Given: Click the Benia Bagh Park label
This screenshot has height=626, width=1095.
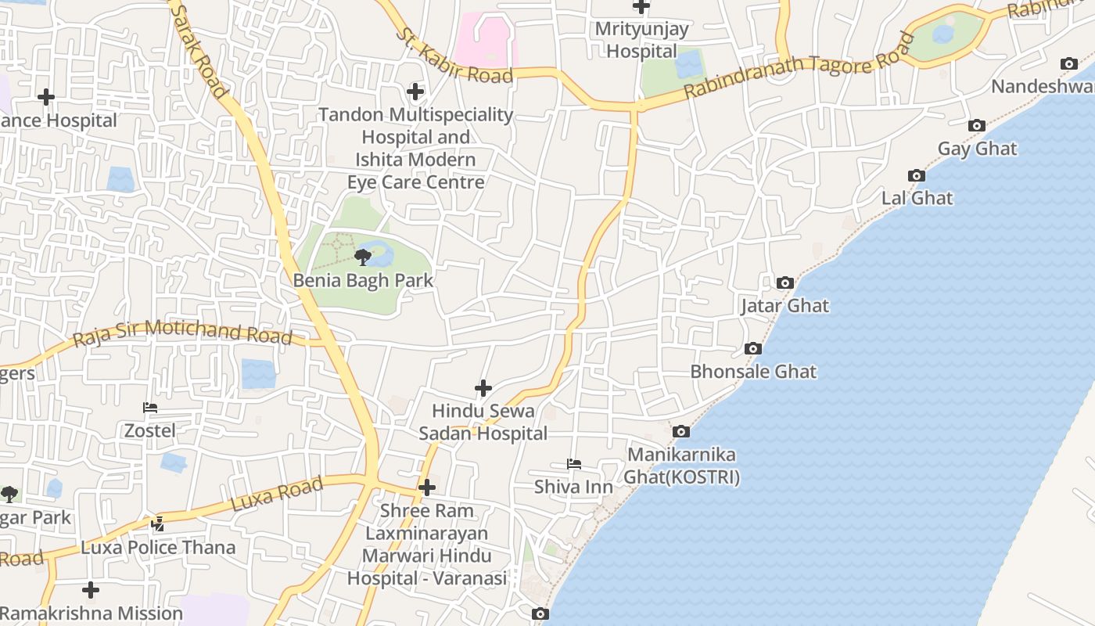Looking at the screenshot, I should point(363,280).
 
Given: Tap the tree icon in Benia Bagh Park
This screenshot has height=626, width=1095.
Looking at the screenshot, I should point(362,257).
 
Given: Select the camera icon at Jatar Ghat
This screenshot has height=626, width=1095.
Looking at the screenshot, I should point(784,283).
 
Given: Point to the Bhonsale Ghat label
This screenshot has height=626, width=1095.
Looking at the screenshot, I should point(753,372).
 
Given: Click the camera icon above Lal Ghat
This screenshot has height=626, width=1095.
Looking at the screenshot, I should point(916,176).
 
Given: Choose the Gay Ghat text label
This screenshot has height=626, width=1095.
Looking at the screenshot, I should point(977,149).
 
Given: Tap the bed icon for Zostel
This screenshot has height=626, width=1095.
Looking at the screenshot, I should point(150,408).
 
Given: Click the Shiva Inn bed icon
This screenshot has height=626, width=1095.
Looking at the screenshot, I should point(574,464).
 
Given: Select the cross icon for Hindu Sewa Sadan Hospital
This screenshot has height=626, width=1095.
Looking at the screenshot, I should point(483,387).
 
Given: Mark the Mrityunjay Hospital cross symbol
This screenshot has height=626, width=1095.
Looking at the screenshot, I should point(641,7).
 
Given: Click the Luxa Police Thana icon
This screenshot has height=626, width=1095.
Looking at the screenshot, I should point(158,524).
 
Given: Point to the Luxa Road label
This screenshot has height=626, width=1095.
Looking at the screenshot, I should point(278,495).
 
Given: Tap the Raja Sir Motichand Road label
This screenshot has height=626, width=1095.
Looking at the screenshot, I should point(182,333).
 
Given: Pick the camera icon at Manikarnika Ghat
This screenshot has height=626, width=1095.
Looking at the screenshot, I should point(681,431).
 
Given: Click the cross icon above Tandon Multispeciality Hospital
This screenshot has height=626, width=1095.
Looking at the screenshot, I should point(415,92).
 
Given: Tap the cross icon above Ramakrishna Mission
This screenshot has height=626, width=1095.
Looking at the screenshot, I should point(91,589).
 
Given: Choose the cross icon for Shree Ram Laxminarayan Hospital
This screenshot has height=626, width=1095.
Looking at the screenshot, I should point(427,487).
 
